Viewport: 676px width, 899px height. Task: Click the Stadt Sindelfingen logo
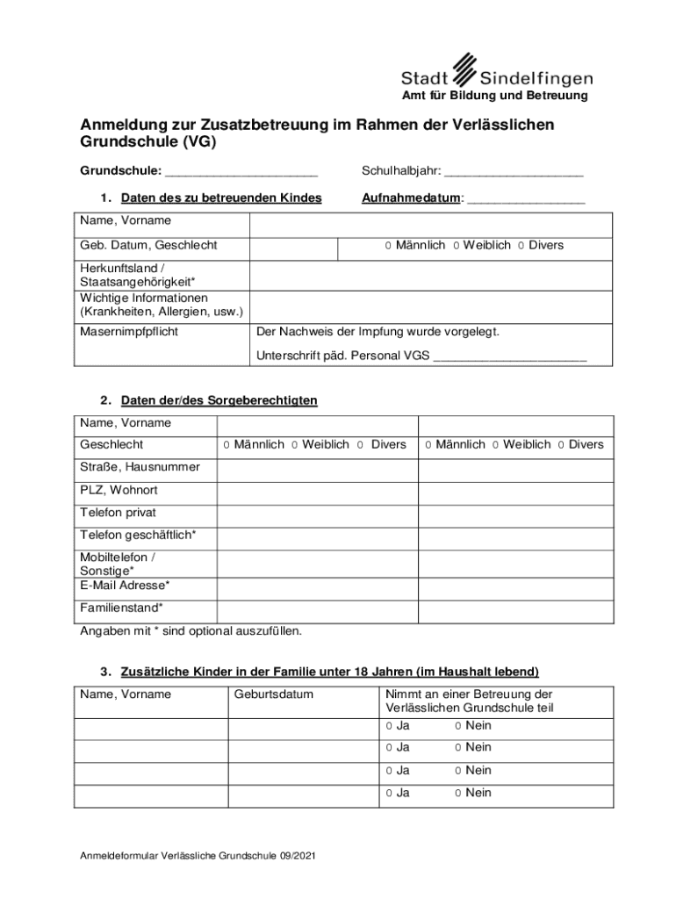[497, 70]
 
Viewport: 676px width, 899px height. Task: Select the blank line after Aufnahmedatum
[526, 201]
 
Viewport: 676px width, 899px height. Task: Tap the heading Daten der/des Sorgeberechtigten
[219, 400]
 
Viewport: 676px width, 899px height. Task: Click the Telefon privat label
[118, 512]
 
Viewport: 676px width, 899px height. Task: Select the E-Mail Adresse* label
[125, 585]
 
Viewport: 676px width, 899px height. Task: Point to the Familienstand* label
[121, 608]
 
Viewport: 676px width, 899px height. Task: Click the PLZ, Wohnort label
[119, 490]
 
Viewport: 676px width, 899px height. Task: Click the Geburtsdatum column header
[274, 694]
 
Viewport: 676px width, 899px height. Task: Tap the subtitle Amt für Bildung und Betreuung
[495, 95]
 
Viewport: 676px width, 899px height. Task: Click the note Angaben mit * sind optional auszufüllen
[191, 630]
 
